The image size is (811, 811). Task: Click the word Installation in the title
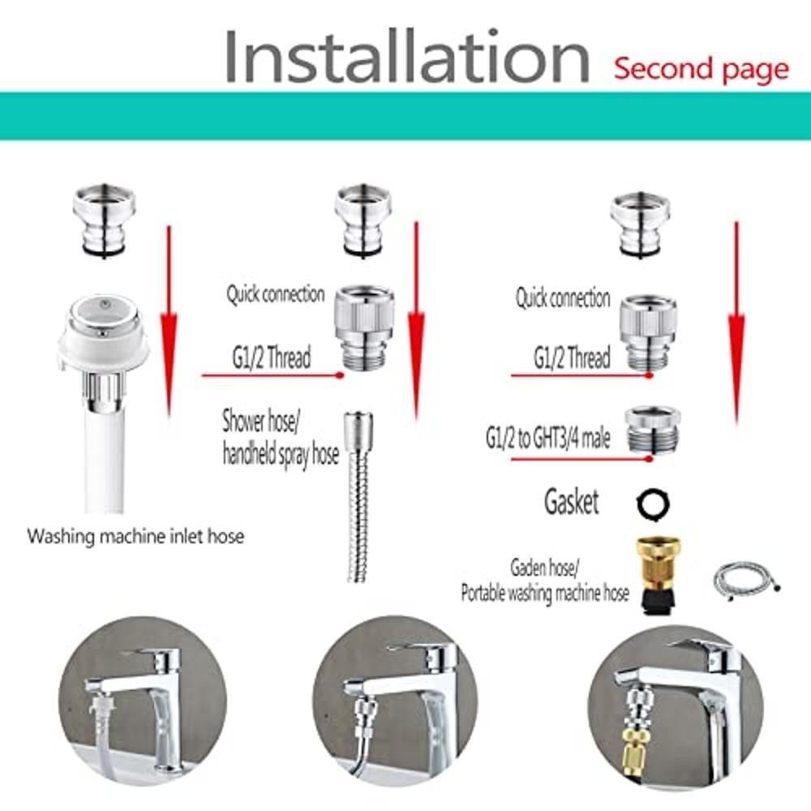(407, 56)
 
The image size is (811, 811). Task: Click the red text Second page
(702, 69)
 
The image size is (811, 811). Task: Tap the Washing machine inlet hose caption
(135, 536)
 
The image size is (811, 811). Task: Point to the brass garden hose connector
(658, 575)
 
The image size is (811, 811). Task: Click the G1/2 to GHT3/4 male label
(547, 439)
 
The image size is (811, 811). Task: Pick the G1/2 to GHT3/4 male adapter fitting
(652, 430)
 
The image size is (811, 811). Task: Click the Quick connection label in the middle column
(275, 294)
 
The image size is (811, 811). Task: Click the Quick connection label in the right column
(563, 298)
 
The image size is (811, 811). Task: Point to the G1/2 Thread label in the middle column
(272, 358)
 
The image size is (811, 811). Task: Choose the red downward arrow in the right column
(736, 324)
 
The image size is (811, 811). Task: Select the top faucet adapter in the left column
(105, 221)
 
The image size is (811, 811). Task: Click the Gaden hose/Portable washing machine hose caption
(545, 581)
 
